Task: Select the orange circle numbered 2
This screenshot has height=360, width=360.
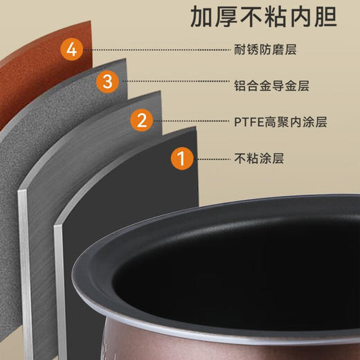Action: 141,122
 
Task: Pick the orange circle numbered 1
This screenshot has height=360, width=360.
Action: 181,159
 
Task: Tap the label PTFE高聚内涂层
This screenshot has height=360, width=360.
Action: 280,122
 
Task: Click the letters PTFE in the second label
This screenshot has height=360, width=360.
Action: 246,122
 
